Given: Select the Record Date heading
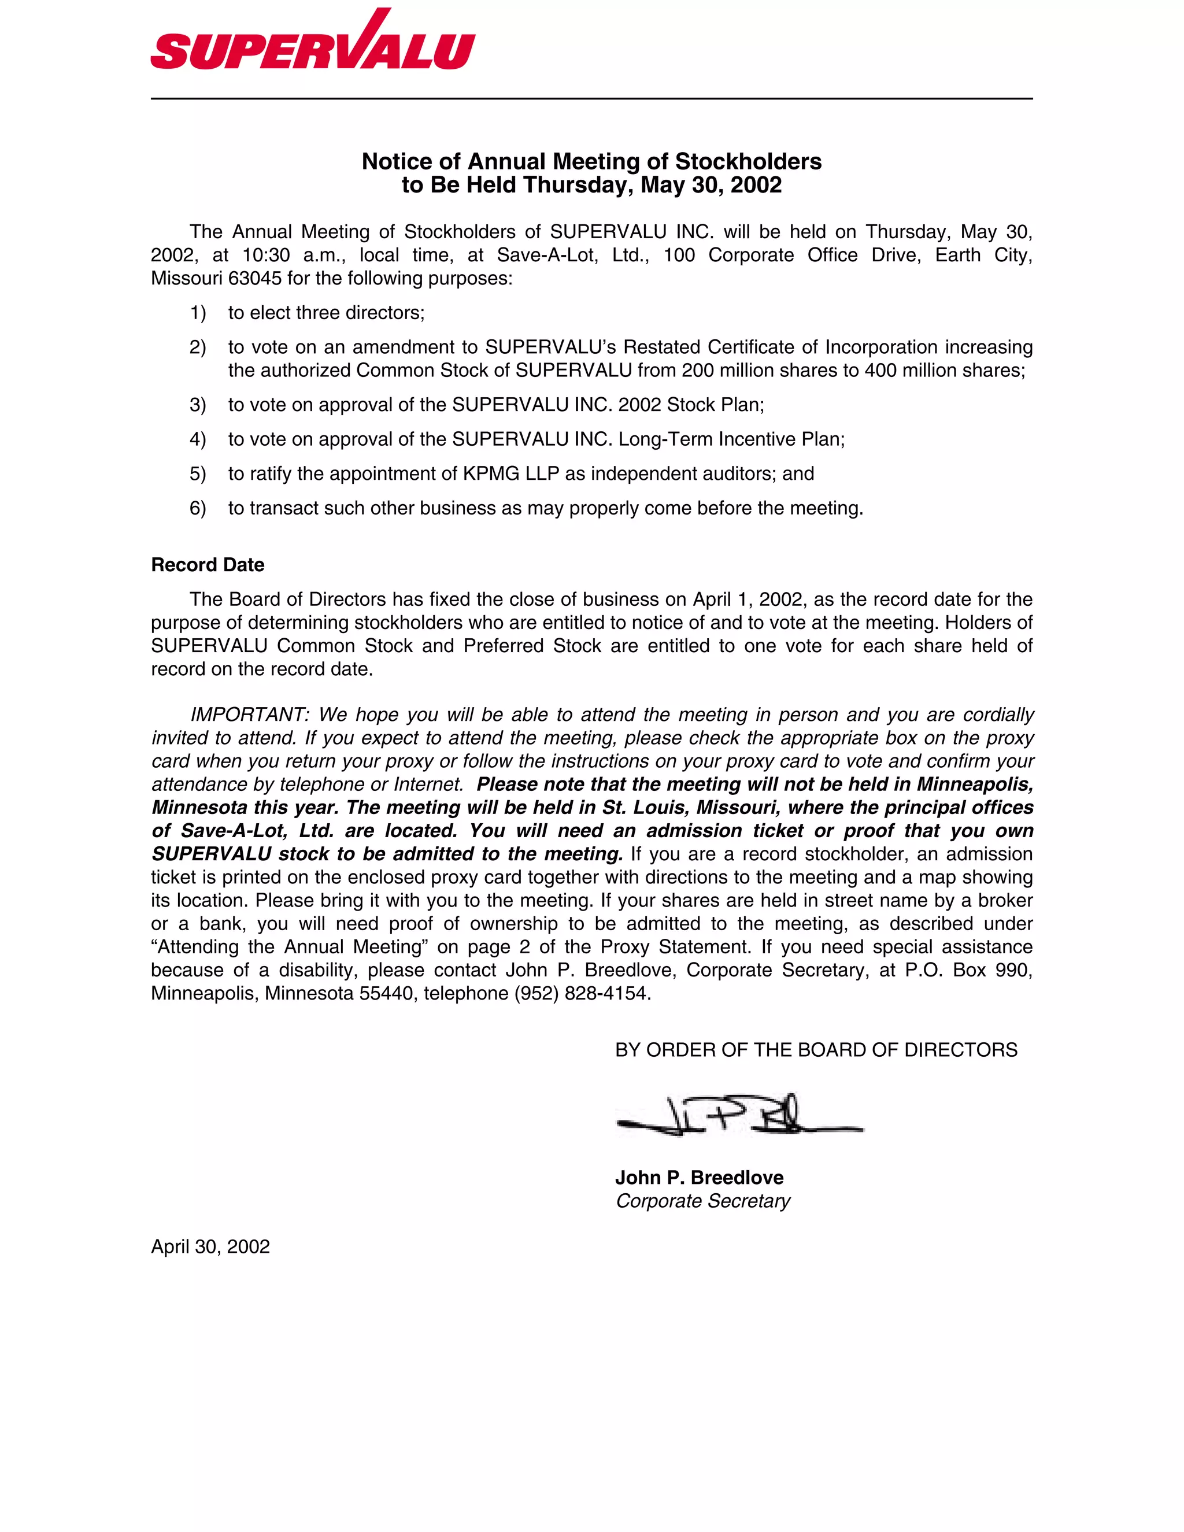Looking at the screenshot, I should [208, 565].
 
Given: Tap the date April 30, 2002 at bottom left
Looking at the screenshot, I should [210, 1246].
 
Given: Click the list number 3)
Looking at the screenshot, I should [198, 405].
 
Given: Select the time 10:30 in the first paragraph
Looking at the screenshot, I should [266, 256].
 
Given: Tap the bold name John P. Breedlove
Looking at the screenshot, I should [700, 1178].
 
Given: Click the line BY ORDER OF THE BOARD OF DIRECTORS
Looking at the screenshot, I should [816, 1050].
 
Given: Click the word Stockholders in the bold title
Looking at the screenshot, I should [748, 161].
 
